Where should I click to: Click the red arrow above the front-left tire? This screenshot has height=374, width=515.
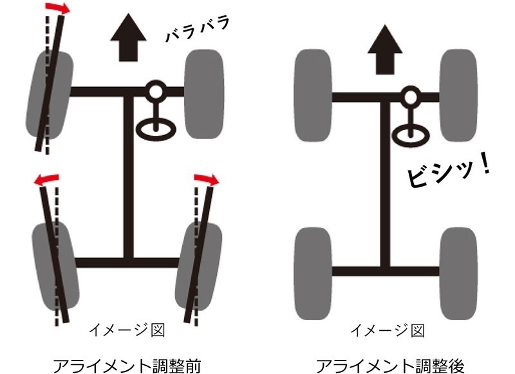click(57, 8)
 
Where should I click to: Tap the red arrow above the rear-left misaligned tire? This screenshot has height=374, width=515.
click(46, 180)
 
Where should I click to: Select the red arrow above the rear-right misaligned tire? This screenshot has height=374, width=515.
click(206, 180)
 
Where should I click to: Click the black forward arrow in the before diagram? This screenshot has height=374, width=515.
click(128, 37)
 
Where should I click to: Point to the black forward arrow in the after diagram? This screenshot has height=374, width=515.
click(384, 50)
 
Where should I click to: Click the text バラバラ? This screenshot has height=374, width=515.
click(198, 29)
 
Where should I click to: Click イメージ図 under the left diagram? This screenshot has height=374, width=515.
click(127, 330)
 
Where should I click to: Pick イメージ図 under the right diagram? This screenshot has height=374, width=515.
click(388, 330)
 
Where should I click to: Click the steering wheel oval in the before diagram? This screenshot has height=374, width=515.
click(156, 129)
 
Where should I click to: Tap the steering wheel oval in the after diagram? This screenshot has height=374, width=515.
click(411, 135)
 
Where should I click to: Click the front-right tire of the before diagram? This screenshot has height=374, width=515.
click(204, 94)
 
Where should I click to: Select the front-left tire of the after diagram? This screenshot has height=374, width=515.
click(312, 95)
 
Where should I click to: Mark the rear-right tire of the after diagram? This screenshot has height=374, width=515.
click(458, 274)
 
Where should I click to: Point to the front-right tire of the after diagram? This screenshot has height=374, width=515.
click(458, 95)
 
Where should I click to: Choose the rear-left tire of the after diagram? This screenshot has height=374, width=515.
click(312, 274)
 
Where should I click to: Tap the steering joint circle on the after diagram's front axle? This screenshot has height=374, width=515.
click(411, 97)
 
